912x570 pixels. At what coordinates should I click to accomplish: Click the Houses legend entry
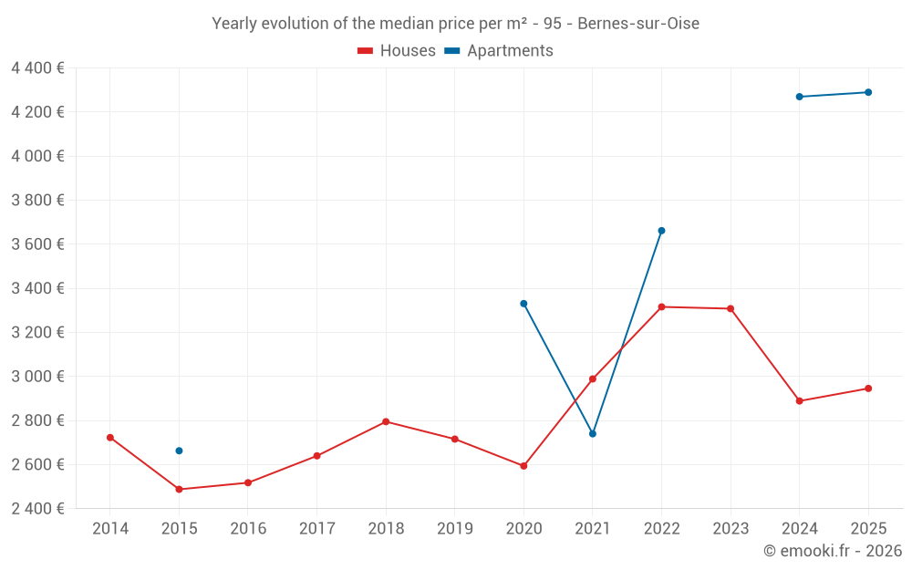pyautogui.click(x=397, y=51)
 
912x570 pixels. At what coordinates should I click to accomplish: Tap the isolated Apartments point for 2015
pyautogui.click(x=179, y=451)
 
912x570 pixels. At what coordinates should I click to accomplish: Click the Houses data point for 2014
pyautogui.click(x=110, y=438)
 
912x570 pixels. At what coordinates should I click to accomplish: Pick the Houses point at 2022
pyautogui.click(x=661, y=307)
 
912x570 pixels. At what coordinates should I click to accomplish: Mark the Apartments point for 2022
pyautogui.click(x=661, y=231)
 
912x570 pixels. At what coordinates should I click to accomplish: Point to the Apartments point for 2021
pyautogui.click(x=593, y=434)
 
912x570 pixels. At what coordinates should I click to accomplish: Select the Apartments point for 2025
pyautogui.click(x=868, y=92)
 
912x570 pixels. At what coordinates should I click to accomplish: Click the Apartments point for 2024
pyautogui.click(x=799, y=97)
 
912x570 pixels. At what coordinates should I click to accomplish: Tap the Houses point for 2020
pyautogui.click(x=523, y=466)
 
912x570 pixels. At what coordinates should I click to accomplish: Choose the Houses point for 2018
pyautogui.click(x=386, y=421)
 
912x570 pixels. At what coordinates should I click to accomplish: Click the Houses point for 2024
pyautogui.click(x=799, y=401)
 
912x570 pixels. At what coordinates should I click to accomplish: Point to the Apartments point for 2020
pyautogui.click(x=523, y=304)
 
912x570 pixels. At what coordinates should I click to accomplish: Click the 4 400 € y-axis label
pyautogui.click(x=37, y=68)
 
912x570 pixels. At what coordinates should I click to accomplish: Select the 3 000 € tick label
pyautogui.click(x=37, y=377)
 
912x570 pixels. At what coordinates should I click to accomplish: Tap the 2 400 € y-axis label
pyautogui.click(x=37, y=509)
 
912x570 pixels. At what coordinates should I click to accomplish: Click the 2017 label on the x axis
pyautogui.click(x=316, y=529)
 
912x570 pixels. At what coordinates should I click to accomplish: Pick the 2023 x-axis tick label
pyautogui.click(x=731, y=529)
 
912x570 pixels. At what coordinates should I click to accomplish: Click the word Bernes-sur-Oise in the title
pyautogui.click(x=638, y=24)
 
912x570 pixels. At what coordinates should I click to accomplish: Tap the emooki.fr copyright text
pyautogui.click(x=833, y=551)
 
